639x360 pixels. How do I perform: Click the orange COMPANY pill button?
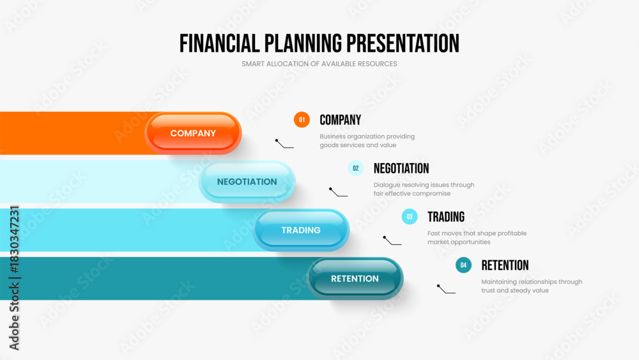pos(193,133)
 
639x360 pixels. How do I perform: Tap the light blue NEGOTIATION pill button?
pos(247,182)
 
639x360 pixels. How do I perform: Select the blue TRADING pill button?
pos(301,230)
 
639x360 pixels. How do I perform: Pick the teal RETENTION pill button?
pos(355,278)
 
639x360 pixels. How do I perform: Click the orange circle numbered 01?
pos(302,120)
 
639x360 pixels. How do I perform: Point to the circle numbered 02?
pos(356,168)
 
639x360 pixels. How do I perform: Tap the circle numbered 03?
pos(410,217)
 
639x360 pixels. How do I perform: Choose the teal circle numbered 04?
pos(463,265)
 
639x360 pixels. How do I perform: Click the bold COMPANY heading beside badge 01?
pos(341,120)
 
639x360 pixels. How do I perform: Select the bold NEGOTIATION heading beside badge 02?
pos(401,168)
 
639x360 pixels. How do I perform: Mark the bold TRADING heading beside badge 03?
pos(446,217)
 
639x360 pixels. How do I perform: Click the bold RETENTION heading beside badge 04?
pos(505,265)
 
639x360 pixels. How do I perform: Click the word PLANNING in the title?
pos(303,43)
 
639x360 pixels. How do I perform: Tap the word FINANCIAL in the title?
pos(220,43)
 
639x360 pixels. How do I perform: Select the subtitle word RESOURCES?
pos(378,63)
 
